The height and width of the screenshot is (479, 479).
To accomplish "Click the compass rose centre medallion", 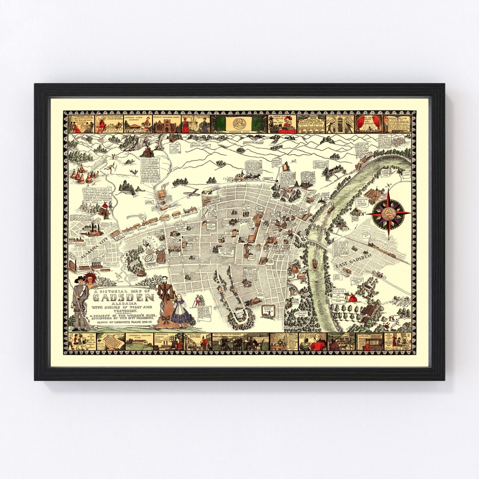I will point(391,213).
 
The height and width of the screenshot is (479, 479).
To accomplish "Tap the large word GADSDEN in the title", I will point(125,298).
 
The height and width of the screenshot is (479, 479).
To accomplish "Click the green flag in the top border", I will point(240,122).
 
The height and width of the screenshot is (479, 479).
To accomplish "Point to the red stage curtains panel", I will point(369,123).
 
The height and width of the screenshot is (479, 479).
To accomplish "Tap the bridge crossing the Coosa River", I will point(320,239).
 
